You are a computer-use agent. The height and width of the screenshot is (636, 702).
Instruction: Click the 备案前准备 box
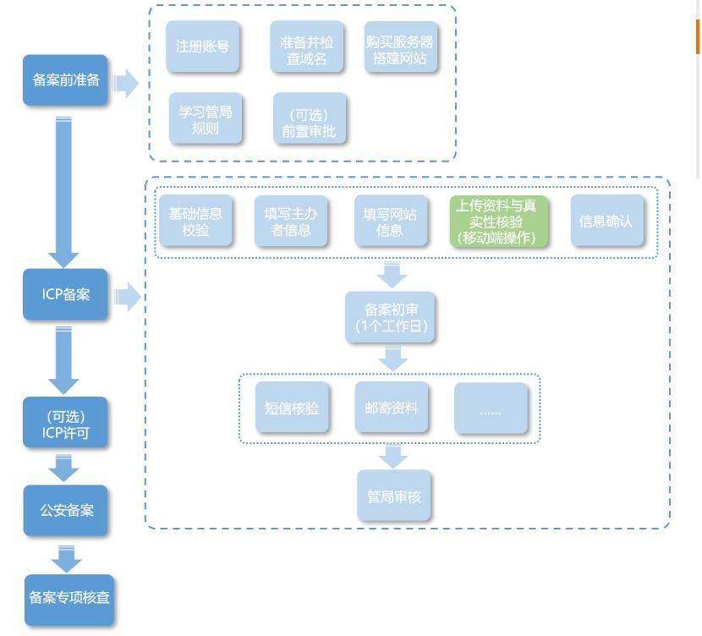[66, 80]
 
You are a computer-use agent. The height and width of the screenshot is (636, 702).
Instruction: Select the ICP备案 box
[66, 294]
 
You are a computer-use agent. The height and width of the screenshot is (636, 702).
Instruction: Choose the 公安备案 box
[66, 511]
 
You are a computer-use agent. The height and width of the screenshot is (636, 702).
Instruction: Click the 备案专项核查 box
[69, 597]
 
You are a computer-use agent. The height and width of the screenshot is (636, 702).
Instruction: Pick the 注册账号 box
[202, 47]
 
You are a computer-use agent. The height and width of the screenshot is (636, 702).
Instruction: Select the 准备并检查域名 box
[306, 49]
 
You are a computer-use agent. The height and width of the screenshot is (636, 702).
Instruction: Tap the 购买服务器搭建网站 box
[400, 49]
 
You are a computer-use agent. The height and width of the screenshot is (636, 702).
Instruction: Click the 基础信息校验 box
[195, 222]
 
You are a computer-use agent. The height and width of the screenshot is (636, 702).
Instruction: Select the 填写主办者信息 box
[291, 222]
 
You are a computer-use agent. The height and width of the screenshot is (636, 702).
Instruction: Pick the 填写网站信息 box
[389, 222]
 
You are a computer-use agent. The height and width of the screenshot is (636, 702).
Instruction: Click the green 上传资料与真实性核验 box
[497, 222]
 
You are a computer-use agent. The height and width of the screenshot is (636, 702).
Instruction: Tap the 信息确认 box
[606, 221]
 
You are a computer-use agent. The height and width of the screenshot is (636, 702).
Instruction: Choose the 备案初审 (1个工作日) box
[390, 317]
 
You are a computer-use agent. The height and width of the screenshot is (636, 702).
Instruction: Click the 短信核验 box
[292, 408]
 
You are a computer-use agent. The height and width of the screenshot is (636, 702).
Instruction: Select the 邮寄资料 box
[391, 408]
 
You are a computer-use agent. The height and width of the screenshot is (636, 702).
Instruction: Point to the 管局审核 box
[392, 496]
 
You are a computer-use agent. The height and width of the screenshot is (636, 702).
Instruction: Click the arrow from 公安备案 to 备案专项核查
[66, 557]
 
